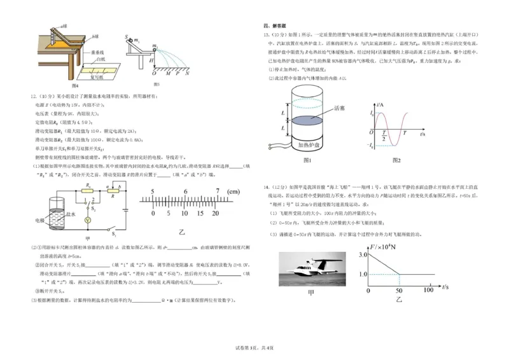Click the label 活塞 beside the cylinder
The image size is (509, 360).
[x=340, y=109]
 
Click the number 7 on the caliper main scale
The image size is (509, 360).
[x=218, y=191]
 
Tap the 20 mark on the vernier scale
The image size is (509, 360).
[x=215, y=213]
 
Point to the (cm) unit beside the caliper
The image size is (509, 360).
[x=235, y=191]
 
